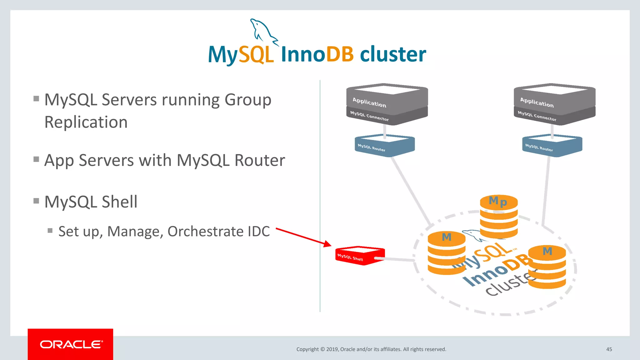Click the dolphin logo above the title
coord(263,31)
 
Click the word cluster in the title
coord(393,54)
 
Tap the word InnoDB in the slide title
coord(317,54)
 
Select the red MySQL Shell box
coord(359,255)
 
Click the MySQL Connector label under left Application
coord(369,116)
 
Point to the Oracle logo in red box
coord(71,344)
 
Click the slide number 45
coord(609,349)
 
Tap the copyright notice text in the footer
coord(371,349)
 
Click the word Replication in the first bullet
coord(86,122)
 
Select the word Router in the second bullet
coord(259,160)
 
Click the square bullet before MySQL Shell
coord(36,201)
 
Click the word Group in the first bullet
coord(248,100)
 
